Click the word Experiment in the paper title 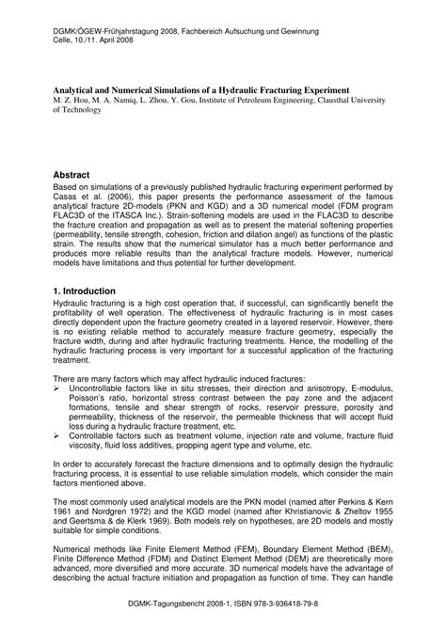pos(318,88)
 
